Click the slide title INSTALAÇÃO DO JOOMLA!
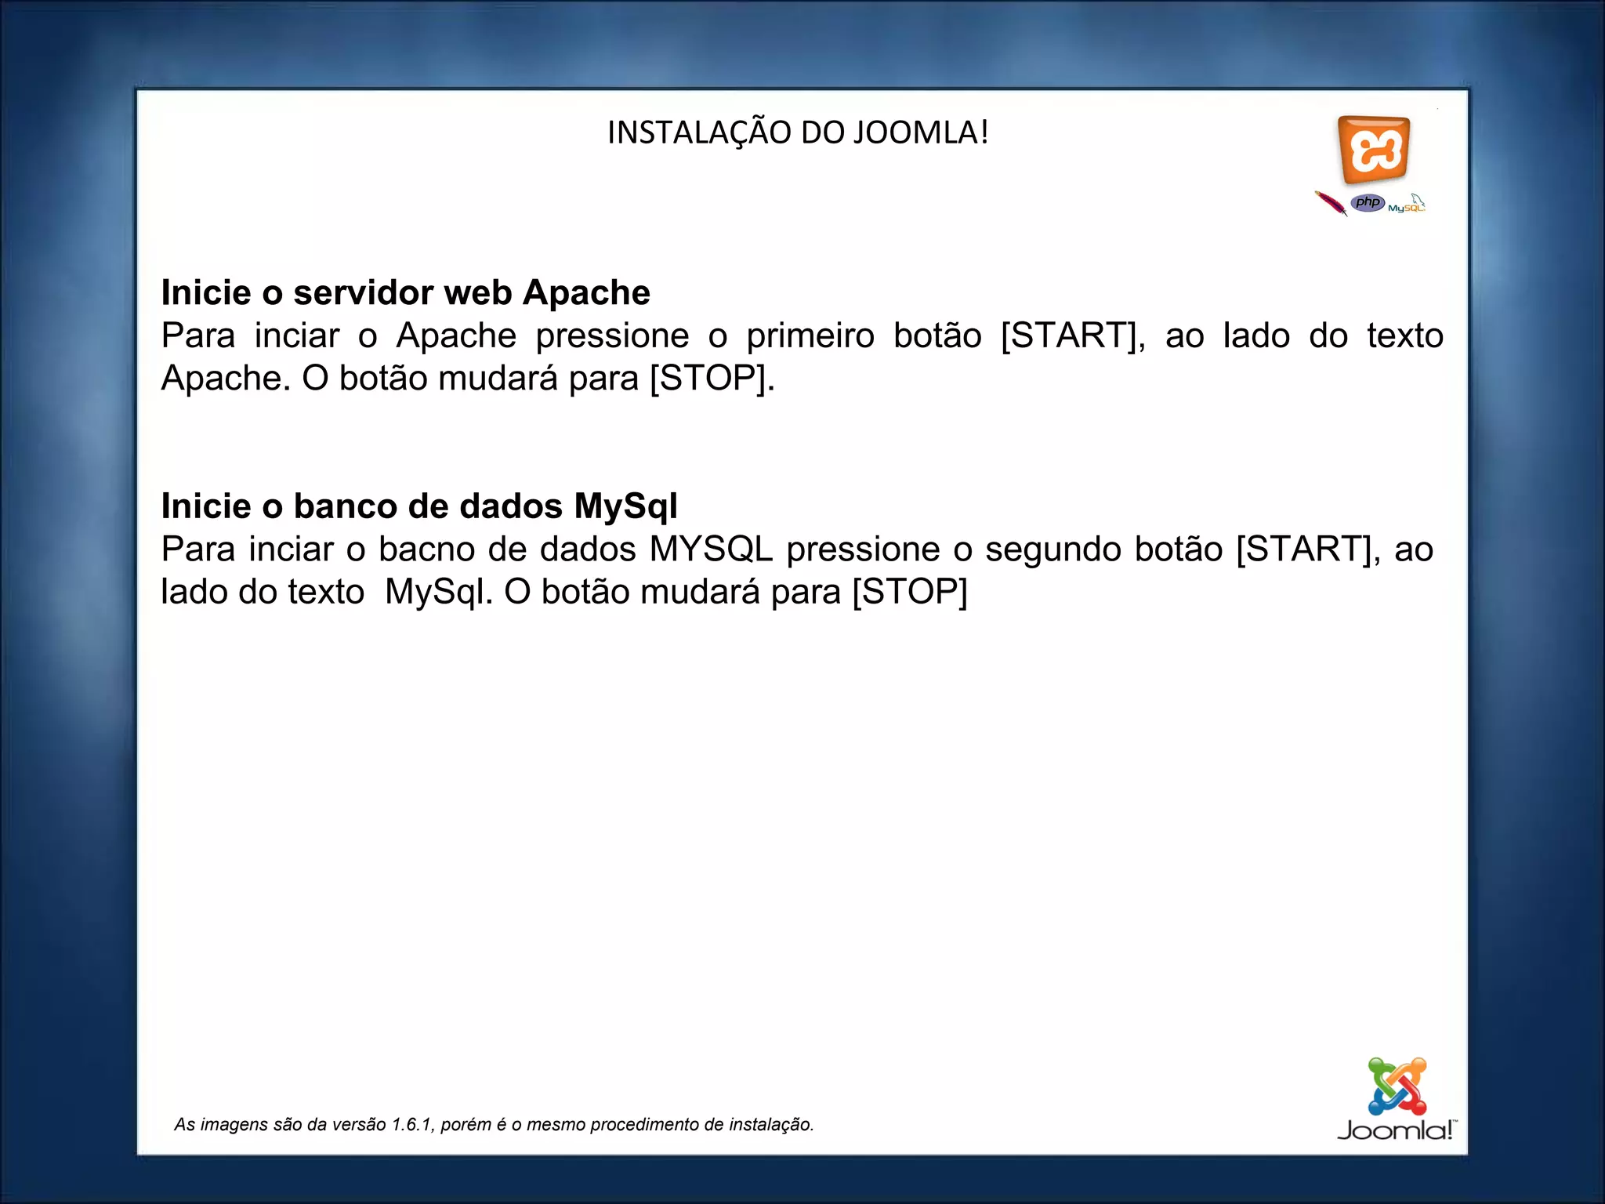[798, 132]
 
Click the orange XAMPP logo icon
[1374, 149]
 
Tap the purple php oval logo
[1368, 203]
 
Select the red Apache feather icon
[1331, 203]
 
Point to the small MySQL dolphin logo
[1408, 204]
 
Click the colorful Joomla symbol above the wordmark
[1397, 1086]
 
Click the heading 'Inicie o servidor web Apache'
[405, 292]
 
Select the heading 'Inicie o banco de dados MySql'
[419, 506]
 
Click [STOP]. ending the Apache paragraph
[712, 378]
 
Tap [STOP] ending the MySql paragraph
[909, 592]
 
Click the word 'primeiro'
[810, 335]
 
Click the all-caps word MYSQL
[711, 549]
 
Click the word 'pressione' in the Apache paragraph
[612, 335]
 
